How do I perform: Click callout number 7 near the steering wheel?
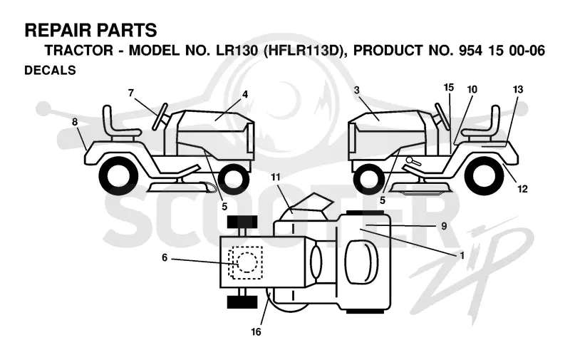pos(131,93)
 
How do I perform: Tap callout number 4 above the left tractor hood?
pos(245,94)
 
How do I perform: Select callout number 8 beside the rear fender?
pos(75,122)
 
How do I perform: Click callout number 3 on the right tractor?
pos(356,90)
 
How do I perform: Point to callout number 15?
pos(449,88)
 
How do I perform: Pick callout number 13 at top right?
pos(518,89)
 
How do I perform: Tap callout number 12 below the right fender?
pos(522,189)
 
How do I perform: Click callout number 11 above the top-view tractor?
pos(276,177)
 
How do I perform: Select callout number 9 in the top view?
pos(444,226)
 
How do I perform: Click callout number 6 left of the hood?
pos(165,258)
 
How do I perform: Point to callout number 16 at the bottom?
pos(256,331)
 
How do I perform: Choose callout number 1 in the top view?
pos(462,256)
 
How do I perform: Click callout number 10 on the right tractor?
pos(472,89)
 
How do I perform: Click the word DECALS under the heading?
pos(50,70)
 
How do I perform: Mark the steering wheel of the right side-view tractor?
pos(442,115)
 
